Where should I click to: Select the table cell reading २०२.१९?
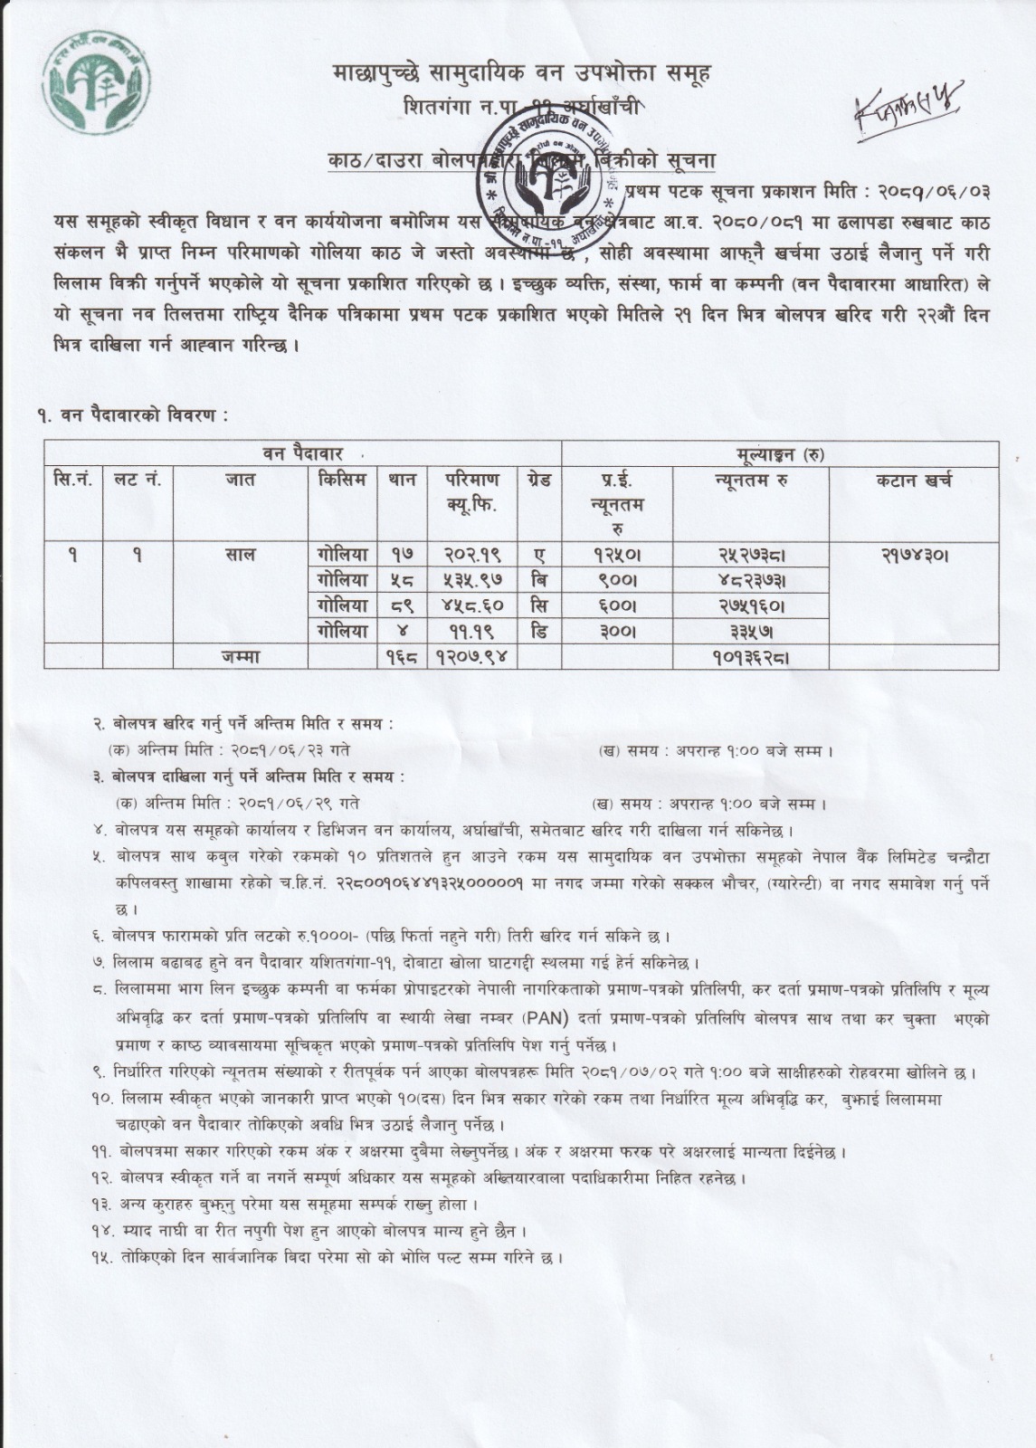[x=472, y=555]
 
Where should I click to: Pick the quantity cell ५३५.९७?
[x=472, y=580]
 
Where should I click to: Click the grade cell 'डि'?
[x=539, y=631]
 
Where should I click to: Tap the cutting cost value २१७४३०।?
[x=913, y=555]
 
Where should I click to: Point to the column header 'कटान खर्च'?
[x=913, y=481]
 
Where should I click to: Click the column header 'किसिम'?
[x=343, y=481]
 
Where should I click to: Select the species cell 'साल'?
[x=240, y=555]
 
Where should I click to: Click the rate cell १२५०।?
[x=616, y=555]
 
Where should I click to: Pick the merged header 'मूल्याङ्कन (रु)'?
[x=779, y=453]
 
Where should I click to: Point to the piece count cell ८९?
[x=403, y=605]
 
